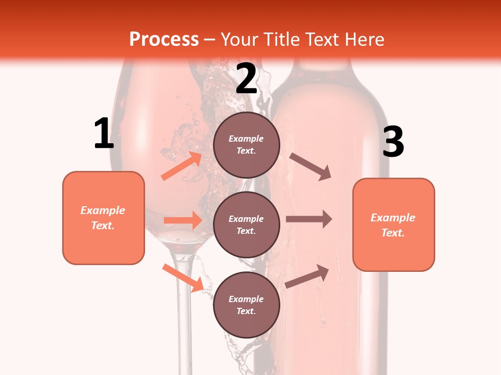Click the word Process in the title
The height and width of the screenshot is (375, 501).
(x=164, y=40)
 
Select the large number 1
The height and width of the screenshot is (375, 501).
(x=104, y=134)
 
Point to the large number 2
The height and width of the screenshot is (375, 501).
(x=246, y=79)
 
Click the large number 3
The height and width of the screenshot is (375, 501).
(x=393, y=142)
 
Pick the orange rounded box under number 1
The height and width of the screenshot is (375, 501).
(x=103, y=218)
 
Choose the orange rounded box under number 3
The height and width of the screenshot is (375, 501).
(x=393, y=224)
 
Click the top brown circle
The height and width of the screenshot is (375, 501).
(x=246, y=145)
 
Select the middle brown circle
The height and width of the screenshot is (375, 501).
(x=246, y=224)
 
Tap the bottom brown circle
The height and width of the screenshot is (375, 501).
(x=246, y=305)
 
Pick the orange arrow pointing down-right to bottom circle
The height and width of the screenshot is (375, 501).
(x=183, y=278)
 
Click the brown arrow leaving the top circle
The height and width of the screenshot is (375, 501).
(x=311, y=167)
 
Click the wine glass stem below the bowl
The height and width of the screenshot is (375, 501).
(x=182, y=312)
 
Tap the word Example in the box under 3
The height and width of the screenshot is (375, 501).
(x=393, y=218)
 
